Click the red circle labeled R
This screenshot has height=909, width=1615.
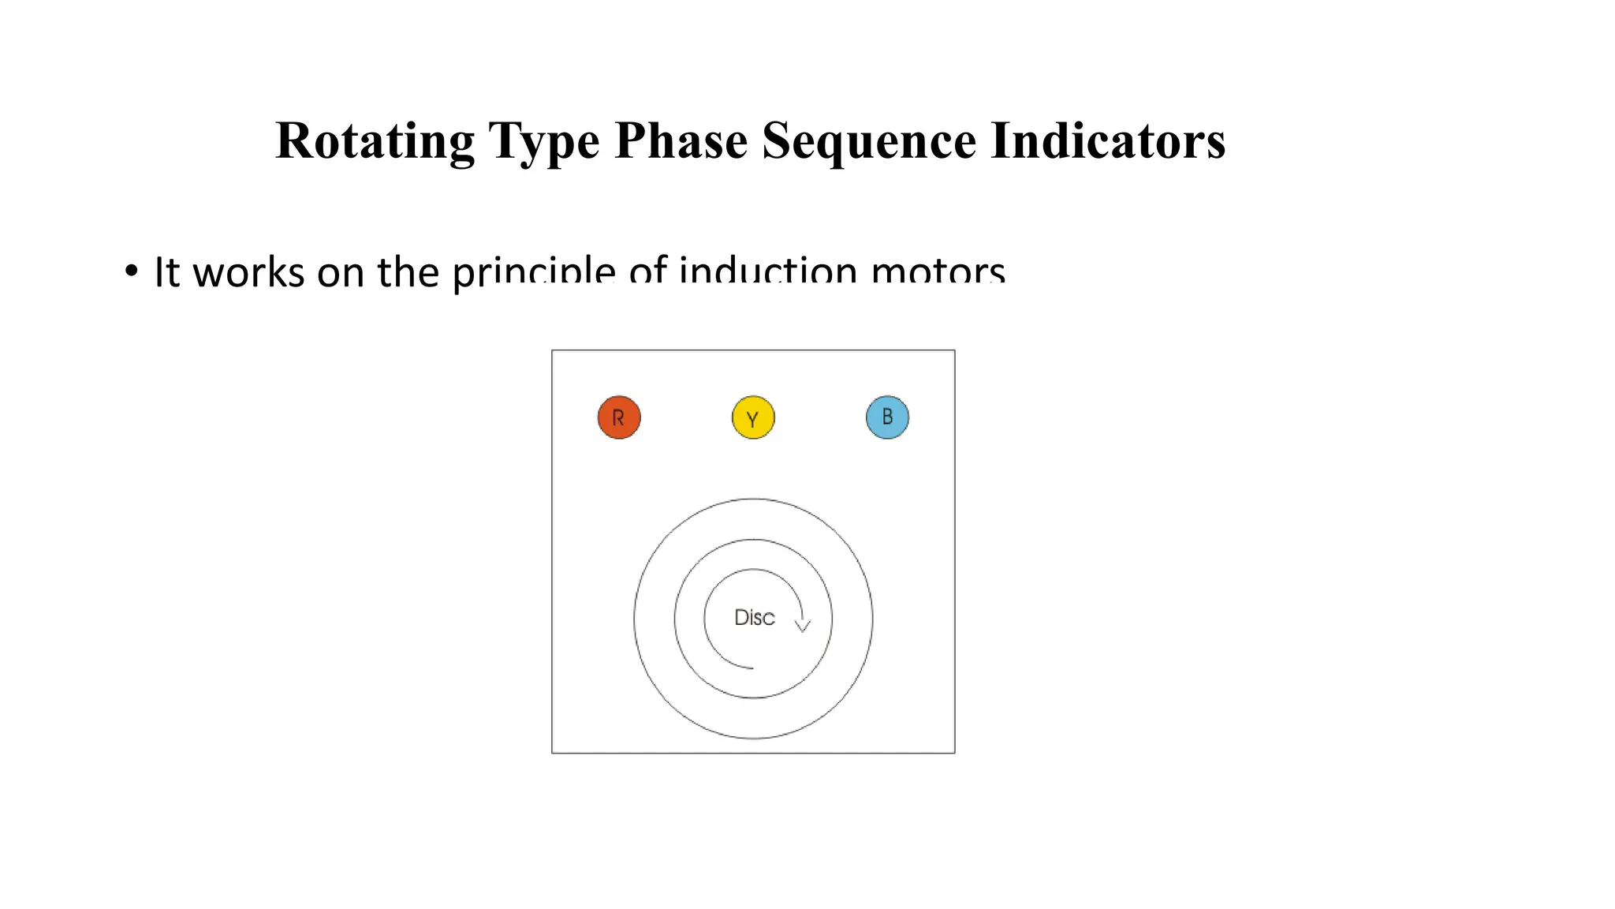619,417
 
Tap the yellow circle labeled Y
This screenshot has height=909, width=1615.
753,417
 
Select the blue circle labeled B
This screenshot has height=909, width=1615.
887,417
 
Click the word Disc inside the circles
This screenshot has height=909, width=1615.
754,617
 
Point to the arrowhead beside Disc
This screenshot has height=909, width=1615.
803,626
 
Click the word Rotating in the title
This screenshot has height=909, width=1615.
375,141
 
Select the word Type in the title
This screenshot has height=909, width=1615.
543,141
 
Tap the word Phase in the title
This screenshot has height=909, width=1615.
681,141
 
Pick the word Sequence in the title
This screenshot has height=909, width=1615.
869,141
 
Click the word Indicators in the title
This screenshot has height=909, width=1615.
1107,141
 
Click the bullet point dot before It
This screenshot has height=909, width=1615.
131,270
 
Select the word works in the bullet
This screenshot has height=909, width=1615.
248,272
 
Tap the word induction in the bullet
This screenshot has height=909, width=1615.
767,272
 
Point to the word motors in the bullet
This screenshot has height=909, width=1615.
938,272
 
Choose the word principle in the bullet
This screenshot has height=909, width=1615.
533,272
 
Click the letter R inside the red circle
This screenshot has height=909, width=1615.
618,418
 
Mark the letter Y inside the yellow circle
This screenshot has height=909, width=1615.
753,419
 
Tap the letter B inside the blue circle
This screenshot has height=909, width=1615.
887,417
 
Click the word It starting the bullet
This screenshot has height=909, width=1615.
167,272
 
